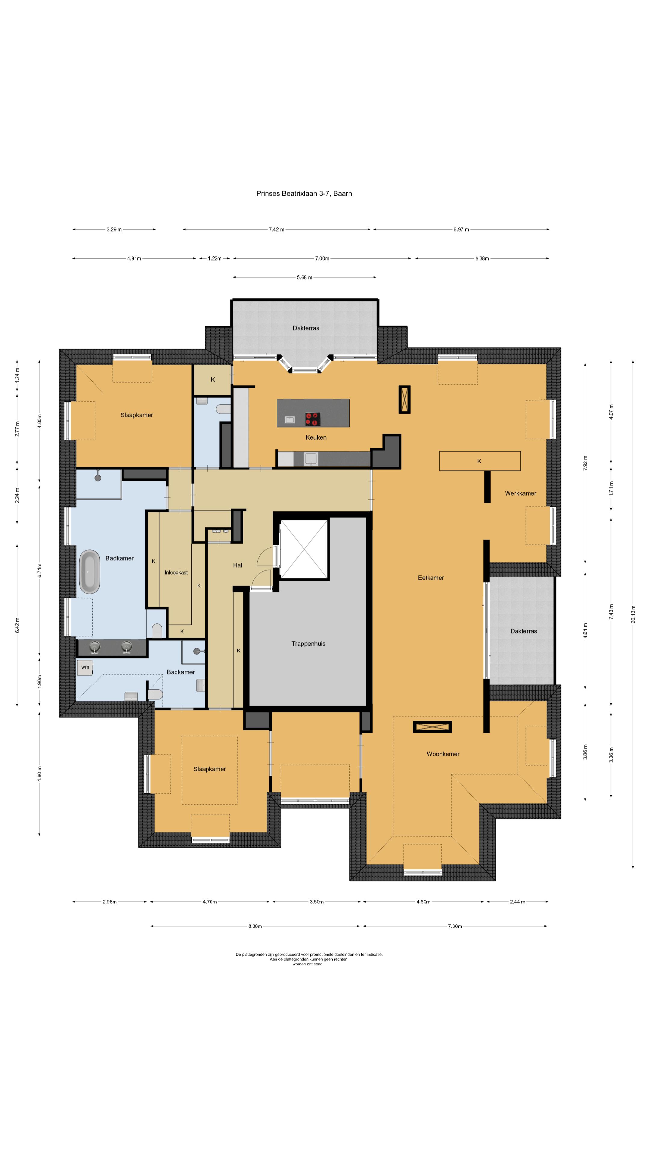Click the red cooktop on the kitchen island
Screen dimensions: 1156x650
312,419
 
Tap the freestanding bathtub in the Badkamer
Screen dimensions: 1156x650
90,572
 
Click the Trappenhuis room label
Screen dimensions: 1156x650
308,644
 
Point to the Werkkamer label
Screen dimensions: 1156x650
520,493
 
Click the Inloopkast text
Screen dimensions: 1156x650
176,572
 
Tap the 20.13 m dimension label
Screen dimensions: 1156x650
633,614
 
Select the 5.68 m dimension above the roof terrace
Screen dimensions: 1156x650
304,277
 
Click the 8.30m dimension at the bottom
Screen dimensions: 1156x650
255,926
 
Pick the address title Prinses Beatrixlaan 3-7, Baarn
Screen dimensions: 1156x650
304,193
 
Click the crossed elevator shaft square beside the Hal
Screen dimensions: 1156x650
304,549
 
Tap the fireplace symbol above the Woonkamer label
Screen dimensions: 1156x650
432,726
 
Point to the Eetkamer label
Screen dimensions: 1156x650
431,578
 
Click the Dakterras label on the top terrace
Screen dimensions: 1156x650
305,328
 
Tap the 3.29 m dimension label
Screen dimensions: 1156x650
114,229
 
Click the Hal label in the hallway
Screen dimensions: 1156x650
237,565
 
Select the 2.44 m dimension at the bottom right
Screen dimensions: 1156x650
517,902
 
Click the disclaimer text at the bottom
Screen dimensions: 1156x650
309,959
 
